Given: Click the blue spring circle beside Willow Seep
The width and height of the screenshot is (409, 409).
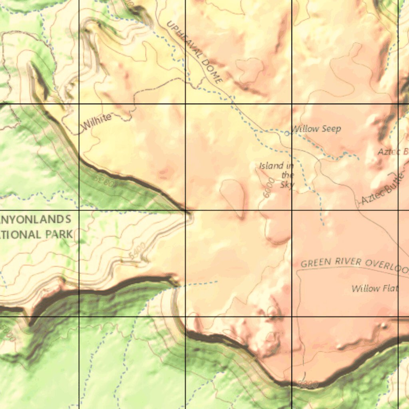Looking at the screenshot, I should (x=287, y=133).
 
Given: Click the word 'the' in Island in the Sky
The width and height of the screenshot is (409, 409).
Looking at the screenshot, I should (x=288, y=175).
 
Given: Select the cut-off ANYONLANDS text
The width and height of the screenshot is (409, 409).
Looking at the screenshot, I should (x=36, y=219).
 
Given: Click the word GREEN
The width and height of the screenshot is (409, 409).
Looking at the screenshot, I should (x=316, y=263).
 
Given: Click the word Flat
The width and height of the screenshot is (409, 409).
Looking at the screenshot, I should (x=388, y=288).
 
